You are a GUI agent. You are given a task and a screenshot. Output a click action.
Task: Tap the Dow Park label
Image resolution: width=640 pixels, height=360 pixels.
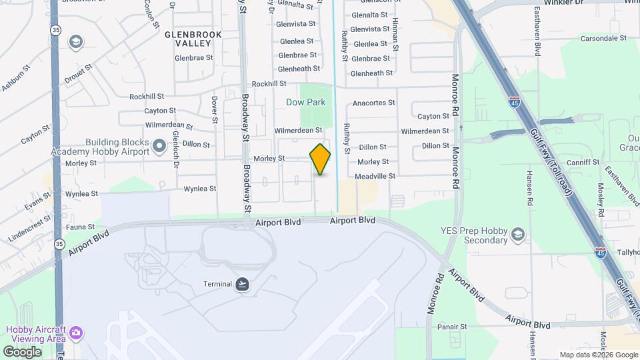point(305,102)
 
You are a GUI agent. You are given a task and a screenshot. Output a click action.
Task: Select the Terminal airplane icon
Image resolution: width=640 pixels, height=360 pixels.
point(243,284)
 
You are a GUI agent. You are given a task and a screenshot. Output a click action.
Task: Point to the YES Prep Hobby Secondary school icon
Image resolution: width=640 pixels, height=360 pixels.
point(518,235)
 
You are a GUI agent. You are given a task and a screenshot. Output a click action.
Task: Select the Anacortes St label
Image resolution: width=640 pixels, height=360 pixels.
point(373,103)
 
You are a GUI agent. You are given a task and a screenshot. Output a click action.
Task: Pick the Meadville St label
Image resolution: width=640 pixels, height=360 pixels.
point(375,176)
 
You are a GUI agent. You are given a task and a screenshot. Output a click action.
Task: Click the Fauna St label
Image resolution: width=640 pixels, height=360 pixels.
point(81,227)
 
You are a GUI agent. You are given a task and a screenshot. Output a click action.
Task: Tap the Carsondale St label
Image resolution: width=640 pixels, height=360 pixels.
point(604,39)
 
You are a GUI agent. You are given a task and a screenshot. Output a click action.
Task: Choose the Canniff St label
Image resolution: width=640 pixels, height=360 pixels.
point(580,162)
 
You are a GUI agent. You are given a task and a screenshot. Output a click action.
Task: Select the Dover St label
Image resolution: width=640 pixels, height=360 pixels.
point(215,110)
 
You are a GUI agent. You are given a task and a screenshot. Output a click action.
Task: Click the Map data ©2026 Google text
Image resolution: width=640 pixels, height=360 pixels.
point(598,355)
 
